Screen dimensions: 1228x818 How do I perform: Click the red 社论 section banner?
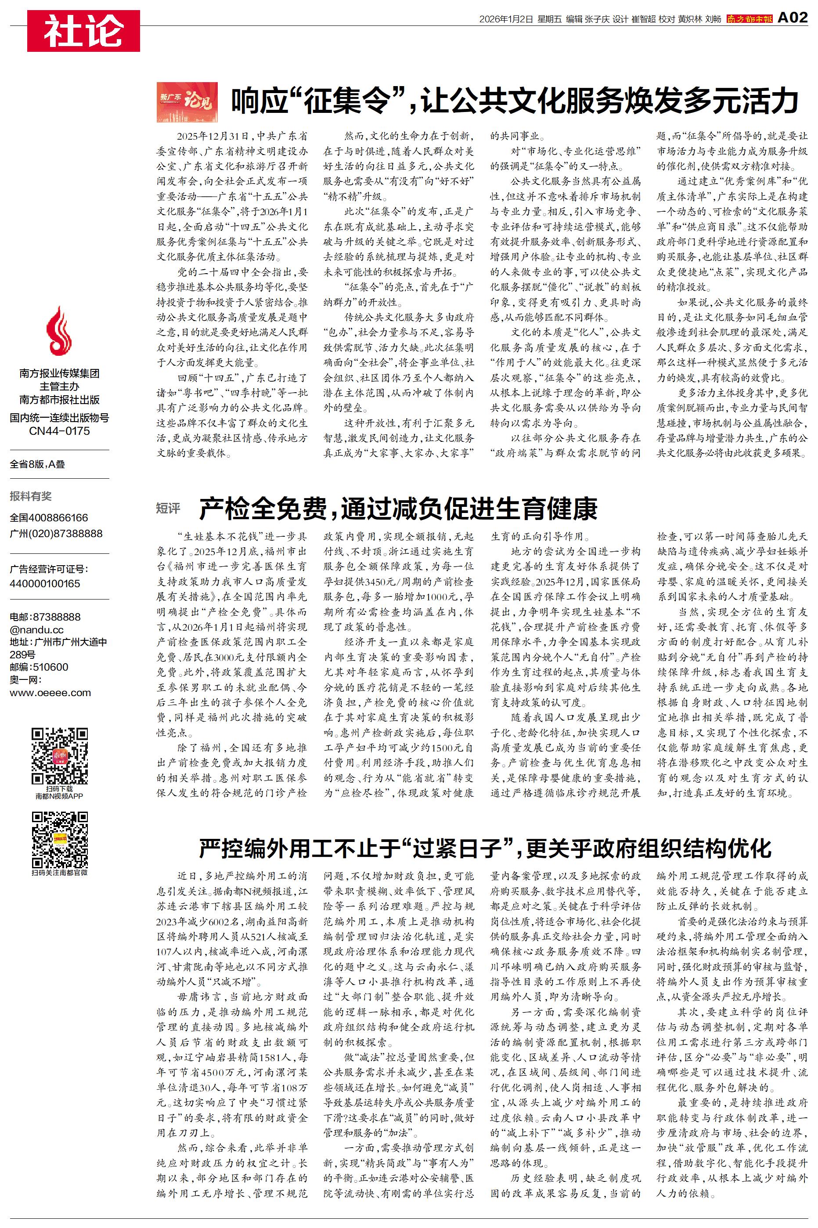[x=83, y=31]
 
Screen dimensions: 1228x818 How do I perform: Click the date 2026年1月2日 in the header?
[x=506, y=19]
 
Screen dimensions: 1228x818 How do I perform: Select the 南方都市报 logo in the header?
[x=749, y=19]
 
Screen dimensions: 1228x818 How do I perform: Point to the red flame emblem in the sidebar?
[x=59, y=331]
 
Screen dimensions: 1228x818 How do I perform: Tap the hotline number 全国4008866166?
[x=49, y=517]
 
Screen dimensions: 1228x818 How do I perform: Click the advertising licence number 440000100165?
[x=45, y=583]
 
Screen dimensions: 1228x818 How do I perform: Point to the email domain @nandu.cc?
[x=36, y=630]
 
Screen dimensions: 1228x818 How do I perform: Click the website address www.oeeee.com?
[x=50, y=693]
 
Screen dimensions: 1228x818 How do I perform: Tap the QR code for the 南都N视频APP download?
[x=59, y=756]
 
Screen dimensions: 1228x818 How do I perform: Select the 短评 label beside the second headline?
[x=168, y=508]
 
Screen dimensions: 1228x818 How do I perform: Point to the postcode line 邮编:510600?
[x=39, y=667]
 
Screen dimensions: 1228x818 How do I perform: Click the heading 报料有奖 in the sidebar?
[x=31, y=496]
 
